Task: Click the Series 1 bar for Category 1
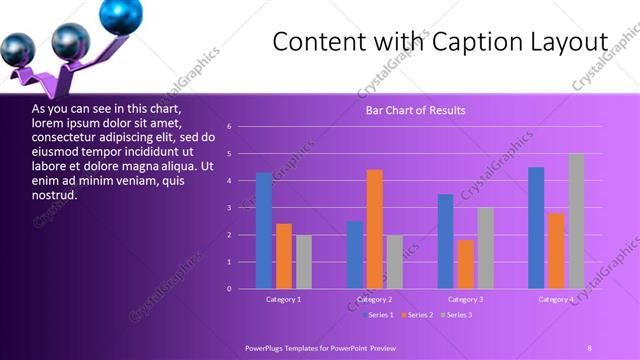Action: [x=264, y=231]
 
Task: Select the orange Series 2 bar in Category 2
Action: [x=375, y=229]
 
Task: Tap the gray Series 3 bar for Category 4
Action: [x=576, y=221]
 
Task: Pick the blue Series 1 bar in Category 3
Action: [x=445, y=241]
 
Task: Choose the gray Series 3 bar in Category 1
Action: [x=304, y=262]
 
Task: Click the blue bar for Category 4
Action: [x=536, y=228]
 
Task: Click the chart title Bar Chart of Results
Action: [x=415, y=110]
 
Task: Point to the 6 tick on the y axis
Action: [x=230, y=127]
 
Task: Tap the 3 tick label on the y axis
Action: [x=230, y=208]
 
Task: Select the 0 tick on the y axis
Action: [x=230, y=289]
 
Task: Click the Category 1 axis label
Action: [x=284, y=300]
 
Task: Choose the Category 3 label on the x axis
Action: [x=465, y=300]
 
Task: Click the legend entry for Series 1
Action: [x=377, y=315]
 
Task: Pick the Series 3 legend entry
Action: [x=455, y=315]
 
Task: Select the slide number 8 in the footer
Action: [x=590, y=347]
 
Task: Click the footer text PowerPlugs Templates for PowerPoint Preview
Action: [x=320, y=347]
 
